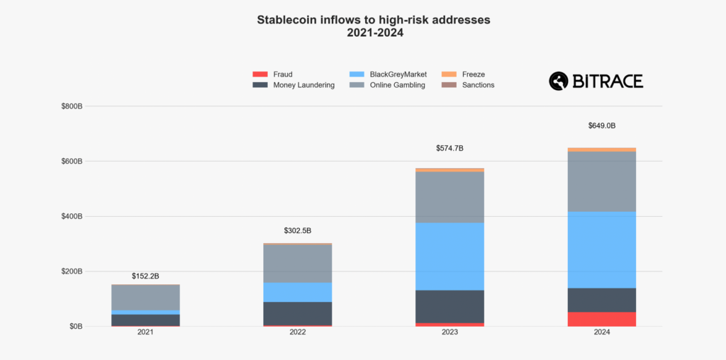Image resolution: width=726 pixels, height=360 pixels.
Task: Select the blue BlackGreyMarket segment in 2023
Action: pyautogui.click(x=449, y=256)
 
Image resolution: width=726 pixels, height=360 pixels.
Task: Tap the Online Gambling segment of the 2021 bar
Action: pyautogui.click(x=145, y=297)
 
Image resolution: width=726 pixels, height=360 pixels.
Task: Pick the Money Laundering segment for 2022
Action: pyautogui.click(x=297, y=313)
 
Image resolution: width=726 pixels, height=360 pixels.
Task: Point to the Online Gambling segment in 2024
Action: pyautogui.click(x=601, y=181)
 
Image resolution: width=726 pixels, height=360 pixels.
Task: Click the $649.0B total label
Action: pyautogui.click(x=601, y=125)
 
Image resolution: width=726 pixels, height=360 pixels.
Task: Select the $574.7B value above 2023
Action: pyautogui.click(x=449, y=148)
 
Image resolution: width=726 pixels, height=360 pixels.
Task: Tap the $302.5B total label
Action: pyautogui.click(x=297, y=230)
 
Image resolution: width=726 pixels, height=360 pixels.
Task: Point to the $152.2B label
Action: pyautogui.click(x=145, y=276)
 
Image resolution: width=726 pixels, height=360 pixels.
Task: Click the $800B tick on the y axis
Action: pyautogui.click(x=72, y=106)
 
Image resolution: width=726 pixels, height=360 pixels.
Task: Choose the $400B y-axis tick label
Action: pyautogui.click(x=72, y=216)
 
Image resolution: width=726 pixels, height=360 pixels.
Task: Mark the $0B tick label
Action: pyautogui.click(x=75, y=327)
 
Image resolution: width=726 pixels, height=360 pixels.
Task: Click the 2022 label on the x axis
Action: pyautogui.click(x=297, y=332)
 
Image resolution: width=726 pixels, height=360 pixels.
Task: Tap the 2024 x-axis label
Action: pyautogui.click(x=601, y=332)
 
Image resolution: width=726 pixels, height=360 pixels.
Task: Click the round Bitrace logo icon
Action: pyautogui.click(x=559, y=81)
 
